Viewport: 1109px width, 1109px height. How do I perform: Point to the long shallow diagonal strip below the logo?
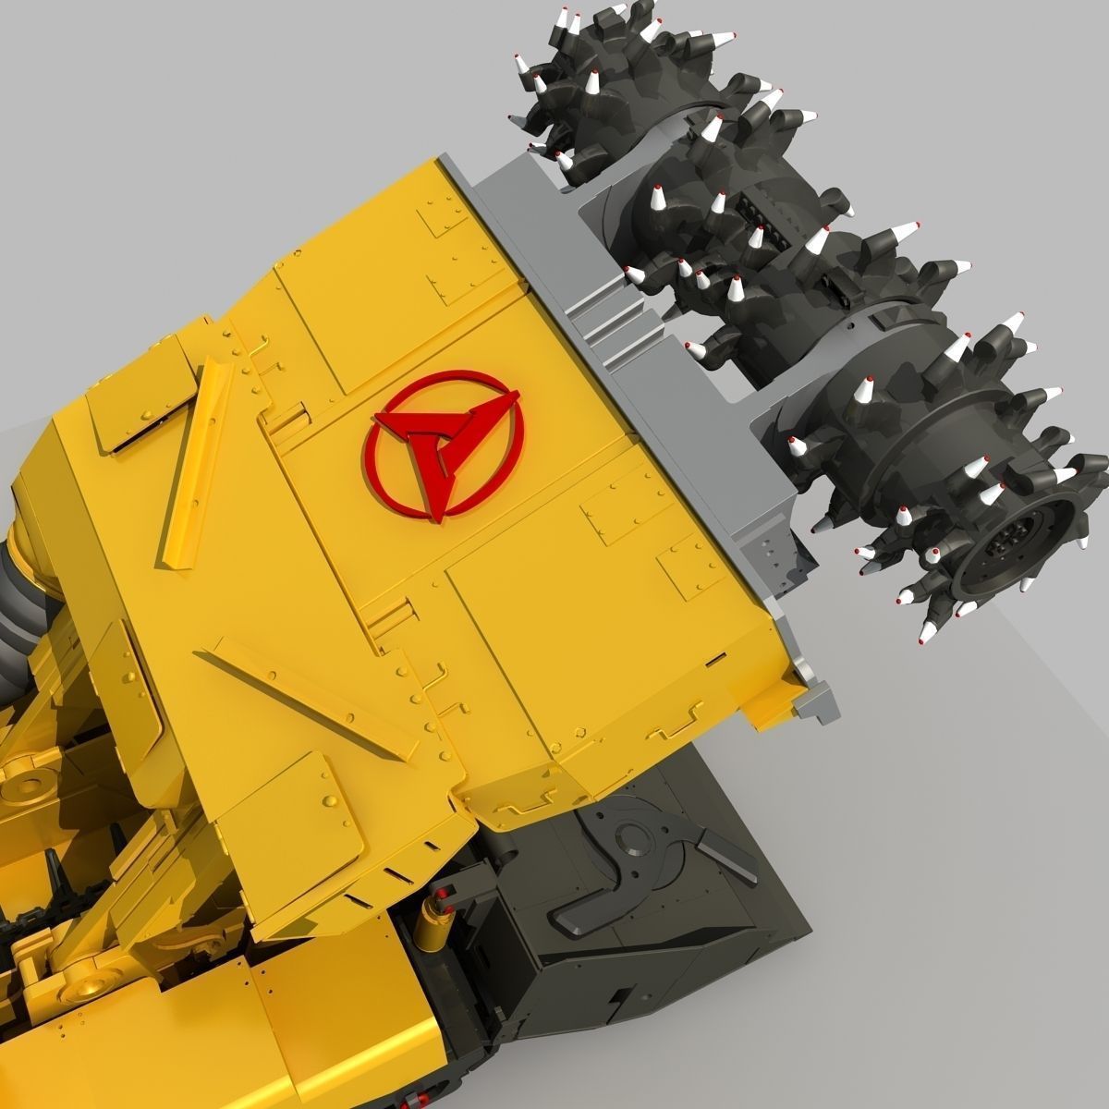305,698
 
